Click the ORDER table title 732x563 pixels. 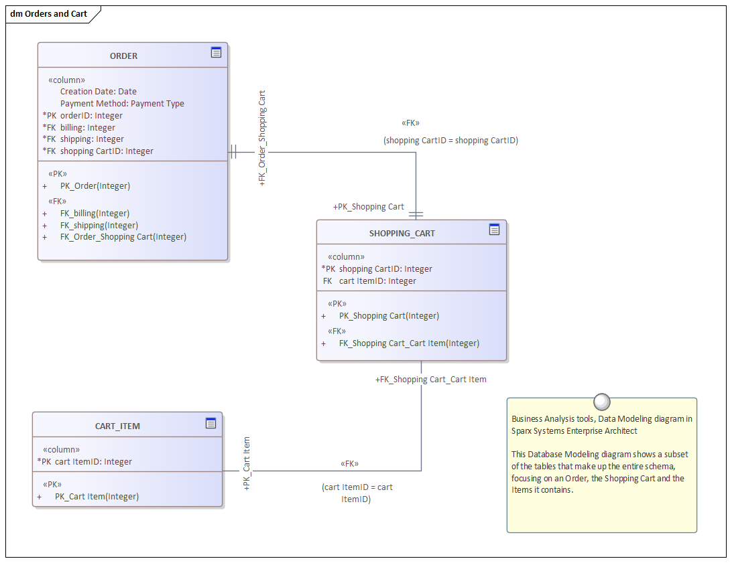(x=123, y=56)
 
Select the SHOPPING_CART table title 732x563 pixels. (x=402, y=234)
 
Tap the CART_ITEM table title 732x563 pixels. (x=117, y=426)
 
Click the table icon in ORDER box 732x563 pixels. (x=216, y=52)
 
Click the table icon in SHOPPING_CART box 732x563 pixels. (x=494, y=230)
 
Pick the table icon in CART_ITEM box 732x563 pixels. (x=210, y=422)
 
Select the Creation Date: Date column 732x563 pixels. (x=98, y=92)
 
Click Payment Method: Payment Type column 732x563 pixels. (x=122, y=104)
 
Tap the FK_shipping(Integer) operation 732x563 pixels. (x=99, y=226)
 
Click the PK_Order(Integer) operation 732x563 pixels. (x=95, y=186)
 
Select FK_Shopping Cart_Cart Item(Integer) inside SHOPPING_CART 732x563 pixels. (x=409, y=343)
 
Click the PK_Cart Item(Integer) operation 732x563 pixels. (x=97, y=497)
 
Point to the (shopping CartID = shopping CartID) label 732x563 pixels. (x=450, y=141)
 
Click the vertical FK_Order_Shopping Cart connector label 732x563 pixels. (x=262, y=137)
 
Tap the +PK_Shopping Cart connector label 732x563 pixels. (x=369, y=207)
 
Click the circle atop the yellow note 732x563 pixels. (x=602, y=402)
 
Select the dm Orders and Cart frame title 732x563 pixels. (x=49, y=14)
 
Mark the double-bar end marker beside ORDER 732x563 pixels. (x=233, y=152)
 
